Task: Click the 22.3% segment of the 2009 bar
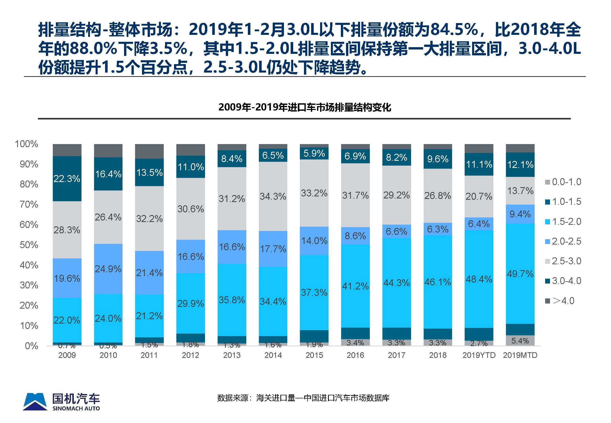click(x=67, y=179)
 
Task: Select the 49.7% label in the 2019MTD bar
click(x=520, y=274)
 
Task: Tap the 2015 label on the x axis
click(x=314, y=355)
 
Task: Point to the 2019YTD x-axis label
click(x=479, y=355)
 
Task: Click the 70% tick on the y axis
click(x=29, y=204)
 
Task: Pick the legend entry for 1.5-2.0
click(x=563, y=221)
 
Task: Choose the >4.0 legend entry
click(x=560, y=301)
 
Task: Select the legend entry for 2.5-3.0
click(x=563, y=261)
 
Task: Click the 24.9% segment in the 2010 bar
click(x=108, y=269)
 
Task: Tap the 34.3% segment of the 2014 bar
click(x=273, y=196)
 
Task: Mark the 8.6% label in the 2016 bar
click(x=355, y=236)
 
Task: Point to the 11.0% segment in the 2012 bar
click(x=190, y=167)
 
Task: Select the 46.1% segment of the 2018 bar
click(x=437, y=282)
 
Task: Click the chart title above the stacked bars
click(x=305, y=107)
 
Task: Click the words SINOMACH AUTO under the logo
click(x=76, y=408)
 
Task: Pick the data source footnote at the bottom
click(x=303, y=398)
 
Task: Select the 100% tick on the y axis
click(x=26, y=144)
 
